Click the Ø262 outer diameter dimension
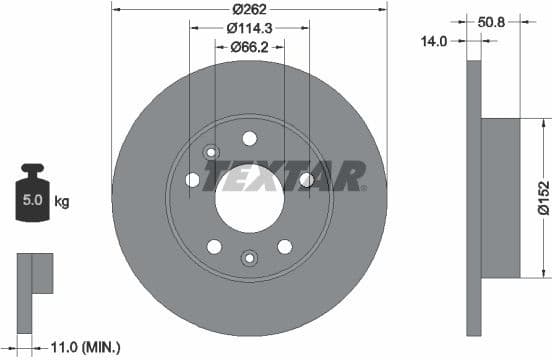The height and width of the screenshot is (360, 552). click(x=249, y=9)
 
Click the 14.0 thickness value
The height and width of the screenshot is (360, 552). click(x=434, y=41)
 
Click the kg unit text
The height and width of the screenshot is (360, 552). click(x=62, y=202)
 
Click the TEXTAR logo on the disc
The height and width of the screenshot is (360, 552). click(x=285, y=179)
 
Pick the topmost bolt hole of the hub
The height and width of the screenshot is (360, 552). click(x=249, y=138)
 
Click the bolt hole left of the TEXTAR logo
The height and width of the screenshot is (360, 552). click(x=192, y=180)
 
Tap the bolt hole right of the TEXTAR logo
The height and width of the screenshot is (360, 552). click(x=306, y=179)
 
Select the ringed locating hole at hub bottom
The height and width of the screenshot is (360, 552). click(x=249, y=259)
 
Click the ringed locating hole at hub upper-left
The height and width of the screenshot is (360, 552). click(x=211, y=152)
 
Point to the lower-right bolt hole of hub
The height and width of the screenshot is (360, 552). click(x=285, y=247)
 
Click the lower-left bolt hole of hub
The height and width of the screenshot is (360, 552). click(x=214, y=247)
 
